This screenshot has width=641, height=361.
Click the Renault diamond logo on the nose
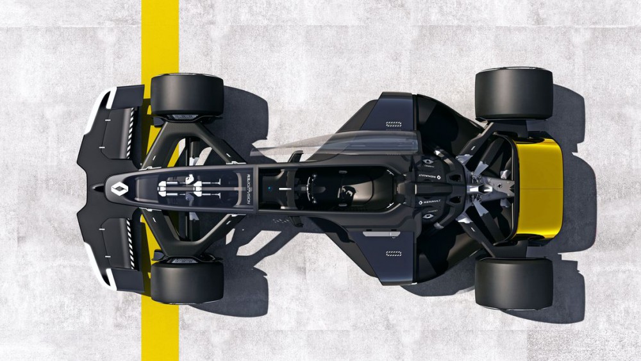coord(120,188)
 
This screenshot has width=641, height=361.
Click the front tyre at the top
coord(187,96)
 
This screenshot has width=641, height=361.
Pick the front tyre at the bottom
coord(187,281)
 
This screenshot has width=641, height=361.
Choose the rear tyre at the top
coord(513,94)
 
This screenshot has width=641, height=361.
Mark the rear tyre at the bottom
coord(513,282)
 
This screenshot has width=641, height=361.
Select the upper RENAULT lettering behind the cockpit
coord(429,175)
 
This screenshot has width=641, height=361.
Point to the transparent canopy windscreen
coord(333,144)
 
